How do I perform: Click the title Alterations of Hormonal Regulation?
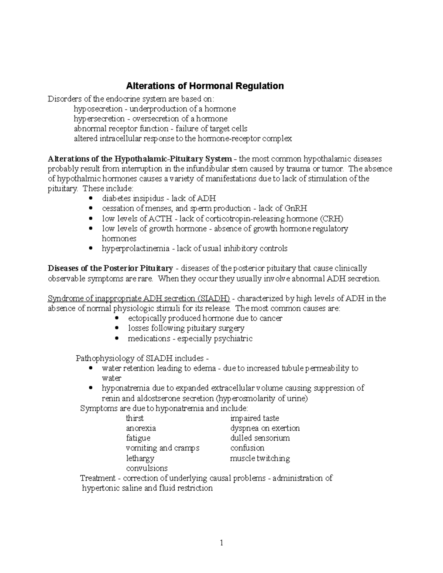click(205, 86)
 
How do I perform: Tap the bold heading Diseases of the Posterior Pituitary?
click(110, 268)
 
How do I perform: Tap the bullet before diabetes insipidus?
click(91, 199)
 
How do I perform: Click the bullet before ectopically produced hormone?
click(117, 318)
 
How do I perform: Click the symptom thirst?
click(135, 418)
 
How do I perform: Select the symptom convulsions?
click(147, 468)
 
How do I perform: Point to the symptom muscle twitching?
click(260, 458)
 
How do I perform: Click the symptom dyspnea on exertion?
click(265, 428)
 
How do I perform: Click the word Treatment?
click(98, 478)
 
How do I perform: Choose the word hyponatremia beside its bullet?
click(126, 388)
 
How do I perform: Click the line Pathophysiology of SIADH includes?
click(142, 358)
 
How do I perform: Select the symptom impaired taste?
click(254, 418)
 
